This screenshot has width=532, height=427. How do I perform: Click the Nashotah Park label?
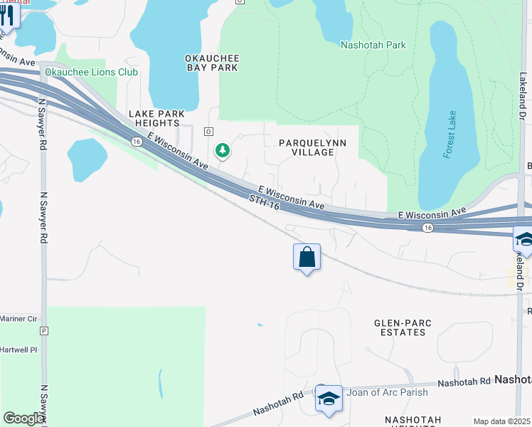point(373,45)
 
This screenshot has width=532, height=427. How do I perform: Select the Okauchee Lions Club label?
point(92,72)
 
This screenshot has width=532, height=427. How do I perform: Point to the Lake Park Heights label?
point(156,119)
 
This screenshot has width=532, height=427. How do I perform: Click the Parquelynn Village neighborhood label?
point(312,147)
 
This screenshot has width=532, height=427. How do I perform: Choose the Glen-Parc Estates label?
point(403,328)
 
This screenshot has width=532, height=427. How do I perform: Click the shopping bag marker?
point(307,257)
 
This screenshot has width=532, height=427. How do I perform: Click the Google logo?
point(23,418)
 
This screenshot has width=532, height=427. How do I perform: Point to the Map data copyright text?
point(502,421)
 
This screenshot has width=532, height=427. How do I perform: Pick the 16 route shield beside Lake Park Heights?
point(136,142)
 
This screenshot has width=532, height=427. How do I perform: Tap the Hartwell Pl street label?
point(18,351)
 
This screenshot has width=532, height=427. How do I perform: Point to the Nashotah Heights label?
point(413,420)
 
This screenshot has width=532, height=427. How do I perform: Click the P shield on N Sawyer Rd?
point(44,331)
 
